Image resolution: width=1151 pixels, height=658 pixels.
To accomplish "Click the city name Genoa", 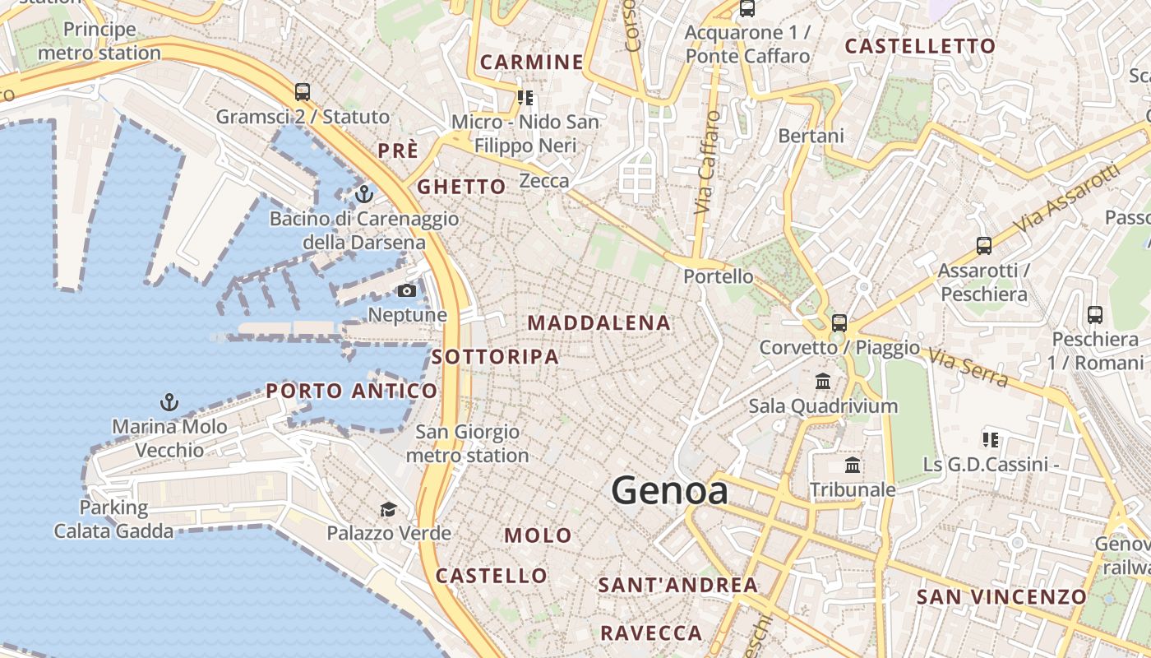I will [x=669, y=491].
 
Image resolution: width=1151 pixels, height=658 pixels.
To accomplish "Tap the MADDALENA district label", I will [x=599, y=323].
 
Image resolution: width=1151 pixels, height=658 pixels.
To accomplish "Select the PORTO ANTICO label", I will [x=352, y=391].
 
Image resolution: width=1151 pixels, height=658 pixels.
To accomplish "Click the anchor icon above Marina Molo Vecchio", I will [x=169, y=402].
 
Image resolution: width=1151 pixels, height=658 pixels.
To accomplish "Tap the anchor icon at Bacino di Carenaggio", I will [x=364, y=195].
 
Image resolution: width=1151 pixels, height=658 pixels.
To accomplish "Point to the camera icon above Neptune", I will [x=407, y=290].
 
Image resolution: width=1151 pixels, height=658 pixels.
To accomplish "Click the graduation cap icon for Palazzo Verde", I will [x=388, y=510].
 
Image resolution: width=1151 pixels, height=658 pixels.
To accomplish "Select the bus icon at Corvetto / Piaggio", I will [x=839, y=323].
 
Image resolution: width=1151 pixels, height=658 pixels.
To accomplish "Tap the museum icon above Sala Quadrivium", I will [x=823, y=382].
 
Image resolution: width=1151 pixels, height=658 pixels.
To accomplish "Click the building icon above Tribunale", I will [x=853, y=466].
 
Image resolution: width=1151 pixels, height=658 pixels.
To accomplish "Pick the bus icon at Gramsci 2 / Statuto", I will [x=303, y=92].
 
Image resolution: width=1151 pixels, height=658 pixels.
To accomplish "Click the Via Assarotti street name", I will [x=1067, y=197].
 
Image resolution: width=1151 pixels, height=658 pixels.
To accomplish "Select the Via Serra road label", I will [x=968, y=368].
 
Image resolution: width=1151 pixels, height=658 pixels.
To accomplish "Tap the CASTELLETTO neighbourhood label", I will [x=920, y=47].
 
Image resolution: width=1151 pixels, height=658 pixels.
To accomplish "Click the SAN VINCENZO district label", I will [x=1001, y=597].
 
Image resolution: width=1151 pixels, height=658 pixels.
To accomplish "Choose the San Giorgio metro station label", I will [x=467, y=443].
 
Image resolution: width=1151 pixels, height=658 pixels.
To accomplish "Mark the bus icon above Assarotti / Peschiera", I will [x=983, y=245].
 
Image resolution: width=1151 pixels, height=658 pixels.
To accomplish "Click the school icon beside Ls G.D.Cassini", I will [x=990, y=440].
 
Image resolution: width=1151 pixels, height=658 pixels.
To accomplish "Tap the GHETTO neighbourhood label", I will [x=461, y=187].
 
